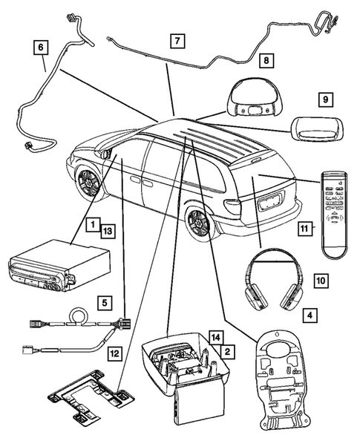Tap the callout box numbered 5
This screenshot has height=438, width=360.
click(x=105, y=302)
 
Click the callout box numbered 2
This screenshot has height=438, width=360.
click(x=229, y=350)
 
